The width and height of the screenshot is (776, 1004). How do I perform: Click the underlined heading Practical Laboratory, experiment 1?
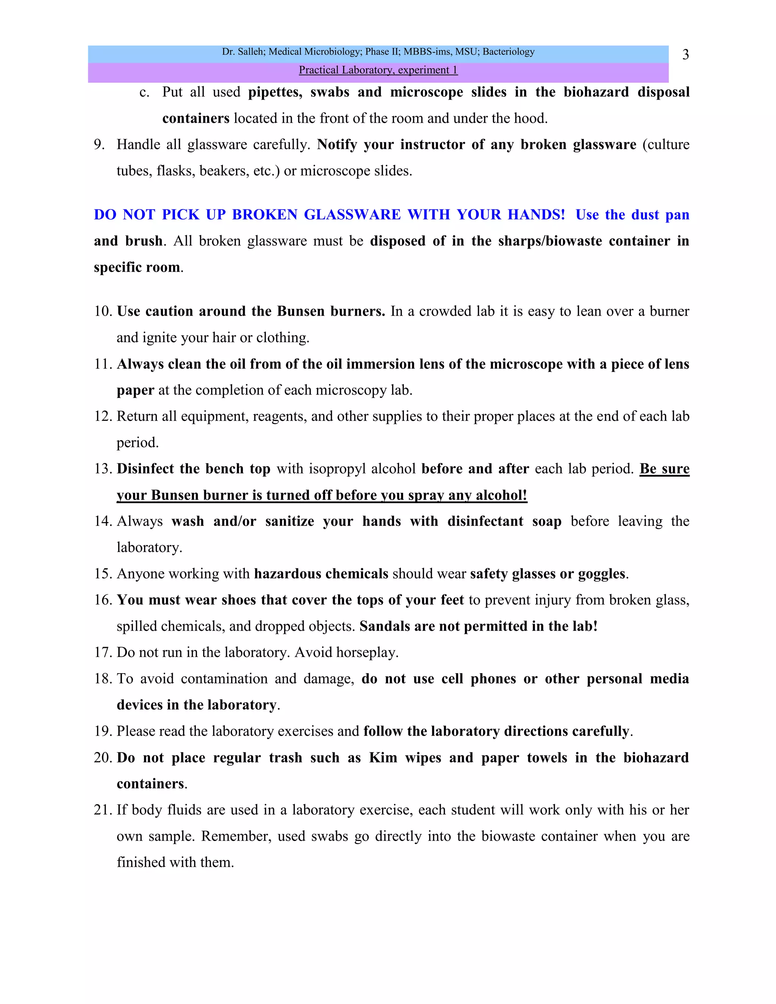pyautogui.click(x=378, y=70)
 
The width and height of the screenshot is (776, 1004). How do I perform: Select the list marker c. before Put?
pyautogui.click(x=144, y=92)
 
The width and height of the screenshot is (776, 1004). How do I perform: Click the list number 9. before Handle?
pyautogui.click(x=99, y=145)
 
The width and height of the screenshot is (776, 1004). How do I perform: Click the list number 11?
pyautogui.click(x=103, y=364)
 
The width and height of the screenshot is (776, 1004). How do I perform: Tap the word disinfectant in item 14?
pyautogui.click(x=485, y=521)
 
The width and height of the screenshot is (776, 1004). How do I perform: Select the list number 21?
pyautogui.click(x=103, y=810)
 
